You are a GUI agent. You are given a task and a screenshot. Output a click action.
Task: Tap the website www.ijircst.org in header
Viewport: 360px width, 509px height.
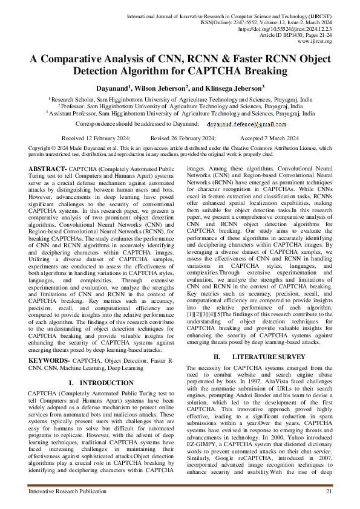pos(315,41)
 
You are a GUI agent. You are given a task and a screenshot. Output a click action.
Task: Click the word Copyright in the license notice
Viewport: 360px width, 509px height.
pos(41,148)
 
